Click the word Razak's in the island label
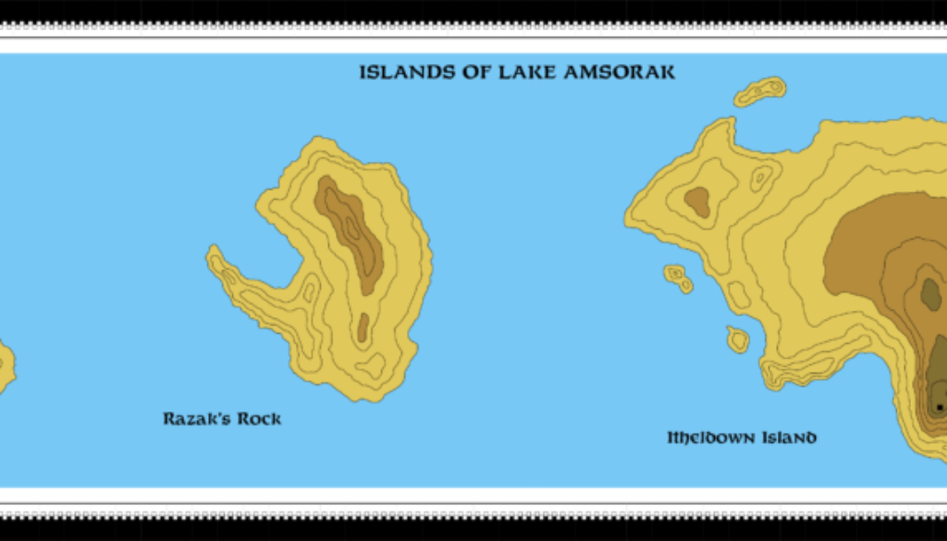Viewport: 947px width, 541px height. [x=196, y=419]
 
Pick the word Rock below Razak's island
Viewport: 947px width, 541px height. [x=259, y=419]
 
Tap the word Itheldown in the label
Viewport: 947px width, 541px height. [x=711, y=437]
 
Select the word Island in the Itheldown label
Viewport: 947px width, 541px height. [x=789, y=437]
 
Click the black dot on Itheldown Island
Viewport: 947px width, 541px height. [x=940, y=406]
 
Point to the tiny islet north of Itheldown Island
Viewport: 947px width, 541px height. [x=760, y=92]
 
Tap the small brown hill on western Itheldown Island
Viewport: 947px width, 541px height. [x=696, y=201]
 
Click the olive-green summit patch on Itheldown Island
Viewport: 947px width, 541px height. [x=930, y=294]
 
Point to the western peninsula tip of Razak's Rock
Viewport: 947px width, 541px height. [x=215, y=258]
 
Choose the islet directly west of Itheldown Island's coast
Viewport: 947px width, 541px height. [x=678, y=277]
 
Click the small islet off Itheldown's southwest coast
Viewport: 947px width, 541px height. [x=738, y=339]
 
